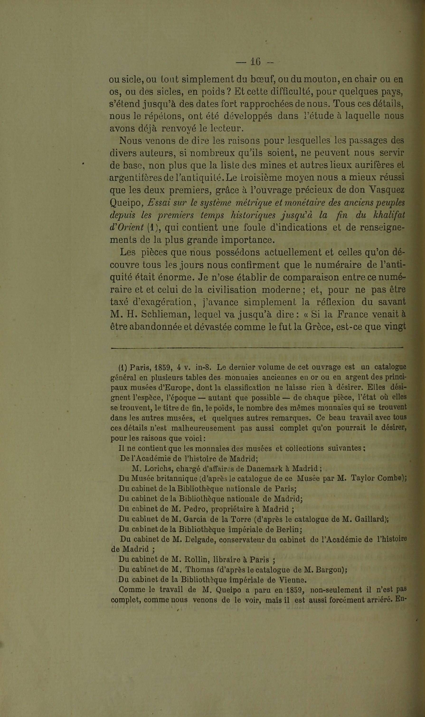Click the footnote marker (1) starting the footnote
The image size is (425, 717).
click(123, 367)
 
